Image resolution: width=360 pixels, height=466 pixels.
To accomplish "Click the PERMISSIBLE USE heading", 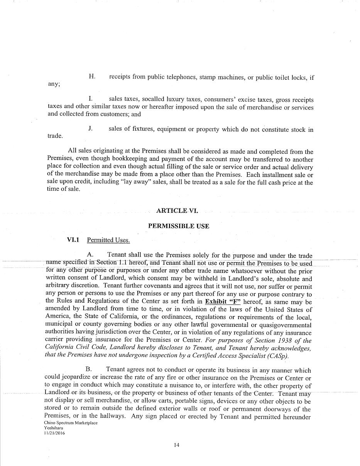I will [179, 226].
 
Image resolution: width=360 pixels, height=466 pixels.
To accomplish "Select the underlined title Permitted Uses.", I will [108, 240].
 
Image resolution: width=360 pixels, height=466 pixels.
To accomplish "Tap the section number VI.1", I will [73, 240].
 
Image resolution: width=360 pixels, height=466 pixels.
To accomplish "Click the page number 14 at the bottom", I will [177, 445].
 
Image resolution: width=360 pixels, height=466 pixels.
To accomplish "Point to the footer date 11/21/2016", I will [54, 433].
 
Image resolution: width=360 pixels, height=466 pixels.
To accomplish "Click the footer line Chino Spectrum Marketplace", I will [71, 423].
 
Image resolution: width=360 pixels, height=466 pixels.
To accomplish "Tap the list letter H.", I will [92, 76].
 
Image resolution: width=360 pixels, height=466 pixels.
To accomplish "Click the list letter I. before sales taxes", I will [90, 99].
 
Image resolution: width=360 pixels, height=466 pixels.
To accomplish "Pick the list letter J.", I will [90, 128].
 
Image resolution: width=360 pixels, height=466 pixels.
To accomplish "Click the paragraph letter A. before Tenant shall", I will [90, 255].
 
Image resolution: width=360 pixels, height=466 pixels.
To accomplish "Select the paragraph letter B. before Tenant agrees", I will [89, 370].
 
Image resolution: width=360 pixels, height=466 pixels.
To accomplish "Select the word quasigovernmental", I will [283, 325].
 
